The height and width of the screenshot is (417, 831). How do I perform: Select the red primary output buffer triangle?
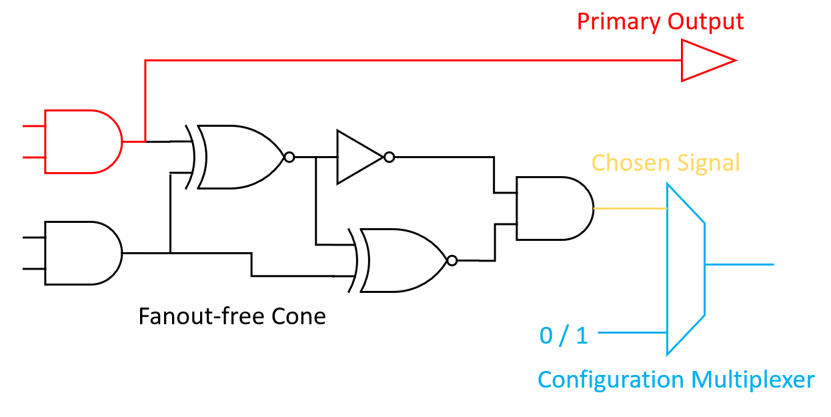click(704, 61)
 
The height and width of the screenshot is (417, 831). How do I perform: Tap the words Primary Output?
click(660, 21)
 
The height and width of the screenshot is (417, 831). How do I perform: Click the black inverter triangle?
click(357, 157)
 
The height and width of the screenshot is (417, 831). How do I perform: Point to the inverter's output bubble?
click(389, 157)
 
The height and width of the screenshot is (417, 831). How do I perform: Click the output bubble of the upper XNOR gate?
click(289, 157)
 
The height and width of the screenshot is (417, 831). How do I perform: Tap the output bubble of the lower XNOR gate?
click(452, 260)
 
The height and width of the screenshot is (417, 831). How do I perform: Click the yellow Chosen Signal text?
click(666, 163)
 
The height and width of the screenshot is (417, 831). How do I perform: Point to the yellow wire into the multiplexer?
click(630, 209)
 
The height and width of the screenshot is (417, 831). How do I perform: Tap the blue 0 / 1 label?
click(564, 336)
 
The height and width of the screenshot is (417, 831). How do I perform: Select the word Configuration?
click(610, 380)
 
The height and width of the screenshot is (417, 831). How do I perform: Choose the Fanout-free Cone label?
click(232, 316)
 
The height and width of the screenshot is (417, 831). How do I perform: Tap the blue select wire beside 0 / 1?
click(634, 332)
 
